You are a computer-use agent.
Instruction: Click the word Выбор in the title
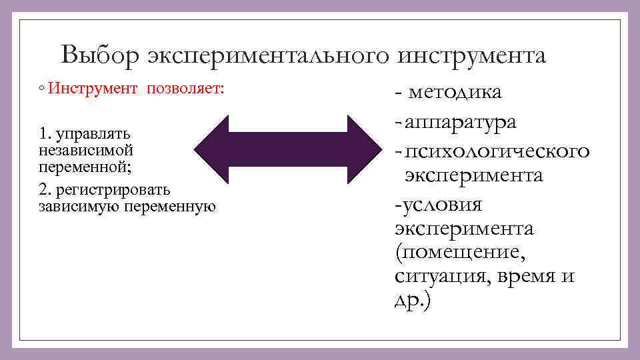coord(99,55)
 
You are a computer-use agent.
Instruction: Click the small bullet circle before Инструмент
coord(41,89)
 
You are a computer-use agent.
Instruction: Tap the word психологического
coord(497,151)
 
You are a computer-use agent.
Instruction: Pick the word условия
coord(439,204)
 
